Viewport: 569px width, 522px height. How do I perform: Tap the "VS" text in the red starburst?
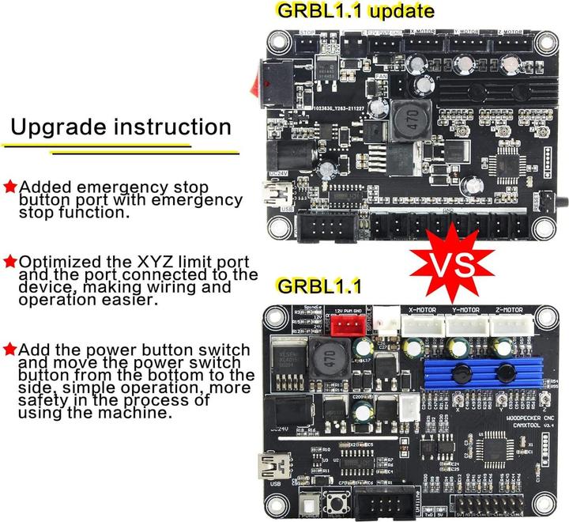(450, 260)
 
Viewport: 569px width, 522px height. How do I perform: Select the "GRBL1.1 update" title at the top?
(354, 11)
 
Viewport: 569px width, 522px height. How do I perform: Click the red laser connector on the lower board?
(354, 325)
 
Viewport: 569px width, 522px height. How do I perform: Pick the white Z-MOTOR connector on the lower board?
(509, 323)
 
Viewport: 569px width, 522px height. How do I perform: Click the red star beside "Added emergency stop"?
(10, 187)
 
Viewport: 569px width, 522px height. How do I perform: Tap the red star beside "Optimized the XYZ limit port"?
(10, 260)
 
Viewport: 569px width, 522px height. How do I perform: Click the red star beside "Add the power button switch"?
(10, 348)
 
